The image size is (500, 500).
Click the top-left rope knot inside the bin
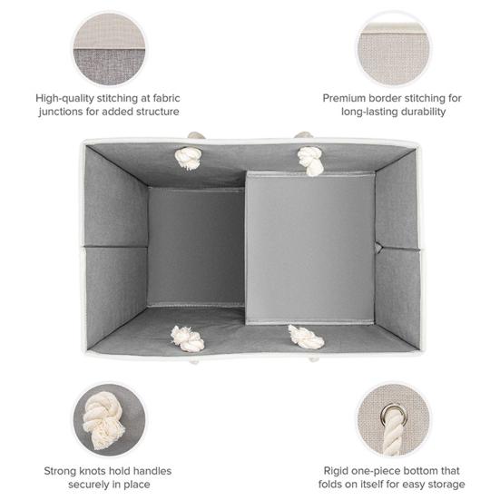coord(189,158)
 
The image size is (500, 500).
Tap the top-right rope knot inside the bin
coord(310,161)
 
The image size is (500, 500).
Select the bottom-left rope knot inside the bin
coord(187,338)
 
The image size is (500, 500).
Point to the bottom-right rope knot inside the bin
coord(306,337)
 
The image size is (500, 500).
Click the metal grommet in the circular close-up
coord(394,415)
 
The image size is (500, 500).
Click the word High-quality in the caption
coord(64,98)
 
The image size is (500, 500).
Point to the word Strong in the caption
coord(59,471)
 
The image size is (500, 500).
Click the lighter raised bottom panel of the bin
coord(310,248)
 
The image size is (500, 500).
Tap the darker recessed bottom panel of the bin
coord(196,247)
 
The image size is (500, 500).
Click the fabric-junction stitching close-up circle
coord(110,49)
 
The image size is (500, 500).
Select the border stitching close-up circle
coord(394,49)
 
